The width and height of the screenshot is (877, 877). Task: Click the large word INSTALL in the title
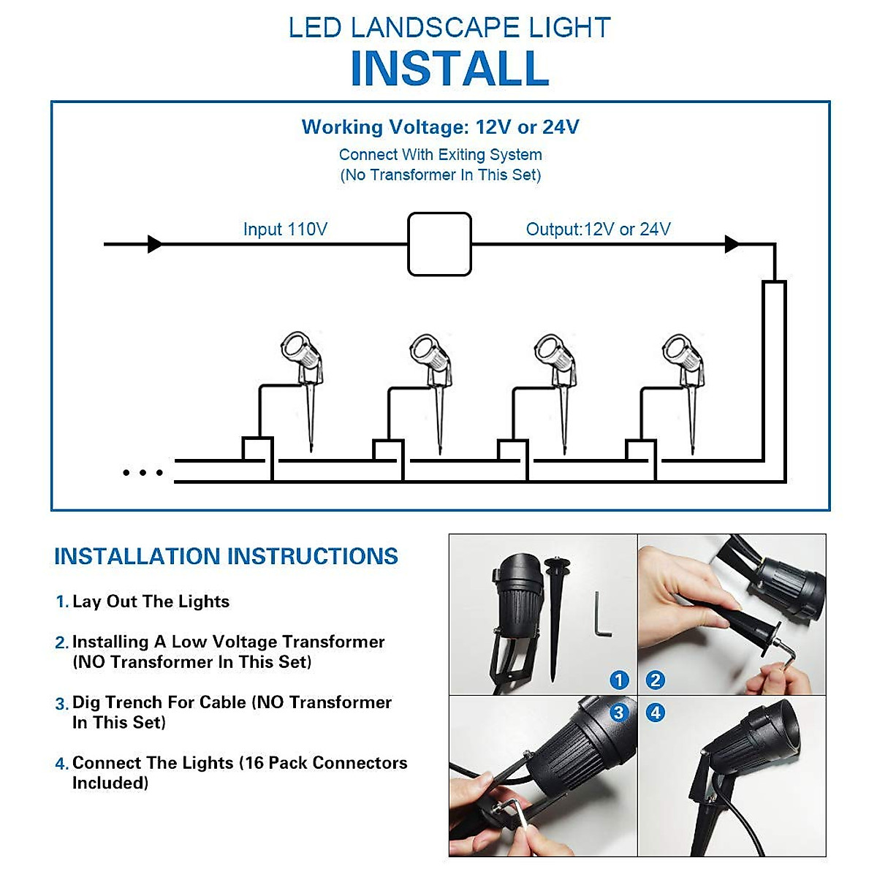click(449, 69)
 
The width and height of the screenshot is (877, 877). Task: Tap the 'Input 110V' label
click(285, 229)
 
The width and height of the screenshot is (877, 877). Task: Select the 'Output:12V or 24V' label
click(598, 229)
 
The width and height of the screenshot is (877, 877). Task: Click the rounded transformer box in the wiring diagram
click(439, 244)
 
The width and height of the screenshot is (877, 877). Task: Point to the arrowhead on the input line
click(155, 244)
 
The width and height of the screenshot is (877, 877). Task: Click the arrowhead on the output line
click(732, 244)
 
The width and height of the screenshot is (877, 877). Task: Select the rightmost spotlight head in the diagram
click(677, 349)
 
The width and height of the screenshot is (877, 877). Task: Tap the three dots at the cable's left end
click(143, 473)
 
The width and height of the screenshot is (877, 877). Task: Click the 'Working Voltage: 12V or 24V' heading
click(440, 127)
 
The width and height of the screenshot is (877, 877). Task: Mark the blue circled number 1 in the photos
click(619, 680)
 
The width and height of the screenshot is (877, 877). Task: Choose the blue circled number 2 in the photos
click(656, 680)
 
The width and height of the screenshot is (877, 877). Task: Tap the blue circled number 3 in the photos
click(619, 713)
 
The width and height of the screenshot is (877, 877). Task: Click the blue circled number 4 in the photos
click(656, 713)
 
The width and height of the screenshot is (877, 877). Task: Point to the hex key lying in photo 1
click(601, 615)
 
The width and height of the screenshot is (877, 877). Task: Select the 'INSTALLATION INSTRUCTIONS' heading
click(226, 557)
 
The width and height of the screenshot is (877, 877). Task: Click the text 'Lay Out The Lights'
click(151, 601)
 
